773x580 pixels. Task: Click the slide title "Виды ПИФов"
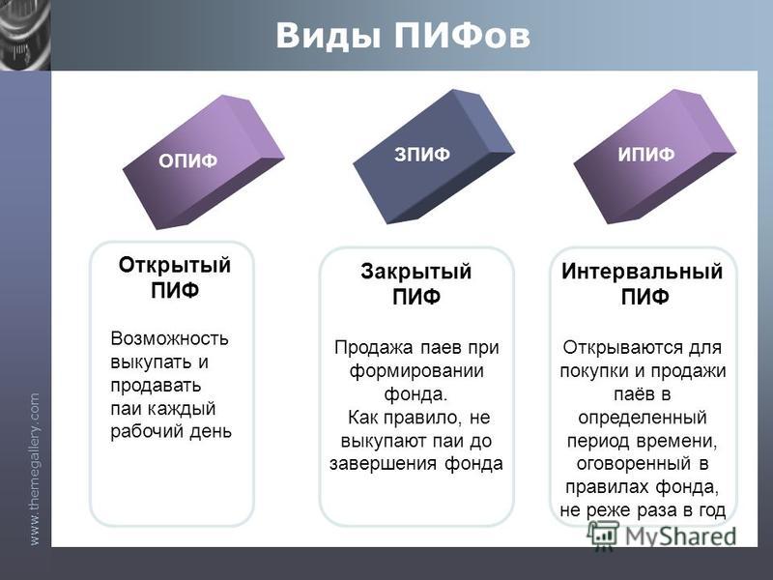pyautogui.click(x=403, y=36)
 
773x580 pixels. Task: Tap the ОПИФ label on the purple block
pyautogui.click(x=187, y=160)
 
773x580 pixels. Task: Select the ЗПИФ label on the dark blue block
pyautogui.click(x=422, y=155)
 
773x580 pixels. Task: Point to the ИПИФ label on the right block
pyautogui.click(x=645, y=155)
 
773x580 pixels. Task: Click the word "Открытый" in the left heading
pyautogui.click(x=175, y=265)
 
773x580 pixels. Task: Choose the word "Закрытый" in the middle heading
pyautogui.click(x=416, y=272)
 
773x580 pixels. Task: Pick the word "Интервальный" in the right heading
pyautogui.click(x=642, y=272)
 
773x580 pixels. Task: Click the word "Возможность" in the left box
pyautogui.click(x=170, y=339)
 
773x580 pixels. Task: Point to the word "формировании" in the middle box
pyautogui.click(x=416, y=371)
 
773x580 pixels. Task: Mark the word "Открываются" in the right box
pyautogui.click(x=621, y=348)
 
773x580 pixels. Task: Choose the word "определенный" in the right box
pyautogui.click(x=643, y=418)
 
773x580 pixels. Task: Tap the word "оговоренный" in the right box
pyautogui.click(x=634, y=464)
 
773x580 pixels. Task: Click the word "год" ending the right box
pyautogui.click(x=711, y=510)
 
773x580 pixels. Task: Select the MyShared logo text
pyautogui.click(x=681, y=536)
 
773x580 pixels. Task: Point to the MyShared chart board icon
pyautogui.click(x=602, y=536)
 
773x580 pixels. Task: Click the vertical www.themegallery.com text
pyautogui.click(x=35, y=469)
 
